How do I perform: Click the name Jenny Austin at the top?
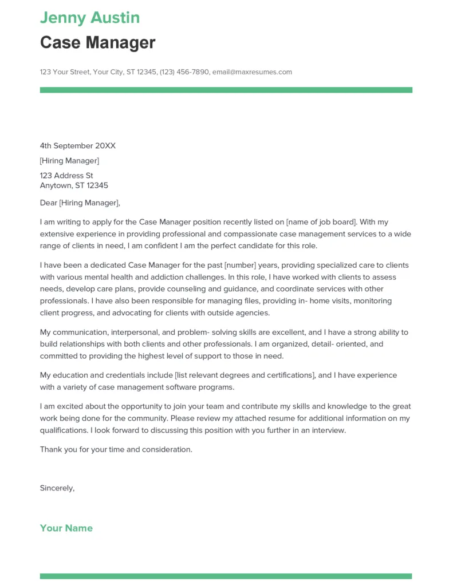[x=89, y=18]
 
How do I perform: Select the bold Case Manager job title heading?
[x=97, y=42]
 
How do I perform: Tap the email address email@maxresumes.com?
[x=252, y=72]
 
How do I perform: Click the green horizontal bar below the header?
[x=226, y=90]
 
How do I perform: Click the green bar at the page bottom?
[x=226, y=576]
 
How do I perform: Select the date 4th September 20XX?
[x=77, y=146]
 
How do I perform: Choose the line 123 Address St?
[x=66, y=176]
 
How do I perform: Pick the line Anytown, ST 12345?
[x=74, y=185]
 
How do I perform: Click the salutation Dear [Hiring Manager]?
[x=80, y=203]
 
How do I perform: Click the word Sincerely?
[x=57, y=488]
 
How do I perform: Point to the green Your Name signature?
[x=66, y=528]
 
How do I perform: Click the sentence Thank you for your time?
[x=116, y=449]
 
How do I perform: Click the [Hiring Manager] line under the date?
[x=69, y=161]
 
